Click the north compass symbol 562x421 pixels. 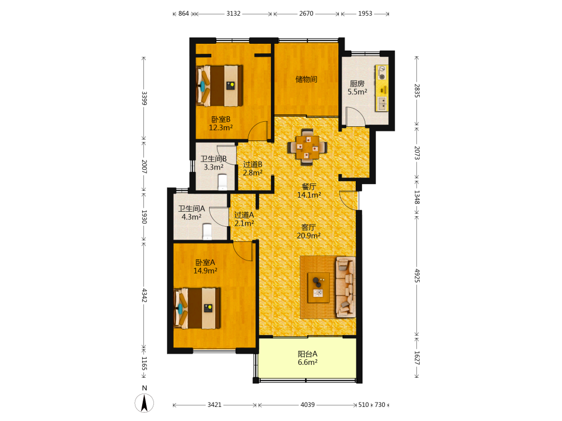pyautogui.click(x=144, y=403)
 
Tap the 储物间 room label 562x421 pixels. pyautogui.click(x=306, y=79)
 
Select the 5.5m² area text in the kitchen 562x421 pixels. pyautogui.click(x=357, y=91)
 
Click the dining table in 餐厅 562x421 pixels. pyautogui.click(x=307, y=147)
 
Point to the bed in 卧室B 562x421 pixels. pyautogui.click(x=219, y=85)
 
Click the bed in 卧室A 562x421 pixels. pyautogui.click(x=197, y=308)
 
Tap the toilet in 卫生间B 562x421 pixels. pyautogui.click(x=223, y=182)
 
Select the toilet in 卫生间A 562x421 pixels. pyautogui.click(x=207, y=232)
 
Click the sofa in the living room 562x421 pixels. pyautogui.click(x=346, y=287)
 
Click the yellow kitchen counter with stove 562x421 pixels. pyautogui.click(x=382, y=88)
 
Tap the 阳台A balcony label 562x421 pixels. pyautogui.click(x=307, y=354)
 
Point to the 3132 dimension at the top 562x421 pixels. pyautogui.click(x=233, y=13)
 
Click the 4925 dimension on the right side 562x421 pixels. pyautogui.click(x=417, y=276)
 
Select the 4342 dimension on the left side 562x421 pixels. pyautogui.click(x=144, y=295)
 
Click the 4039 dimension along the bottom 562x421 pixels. pyautogui.click(x=307, y=405)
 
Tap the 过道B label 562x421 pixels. pyautogui.click(x=253, y=164)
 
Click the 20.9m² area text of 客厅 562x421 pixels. pyautogui.click(x=309, y=236)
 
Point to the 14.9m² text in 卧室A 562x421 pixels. pyautogui.click(x=205, y=271)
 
